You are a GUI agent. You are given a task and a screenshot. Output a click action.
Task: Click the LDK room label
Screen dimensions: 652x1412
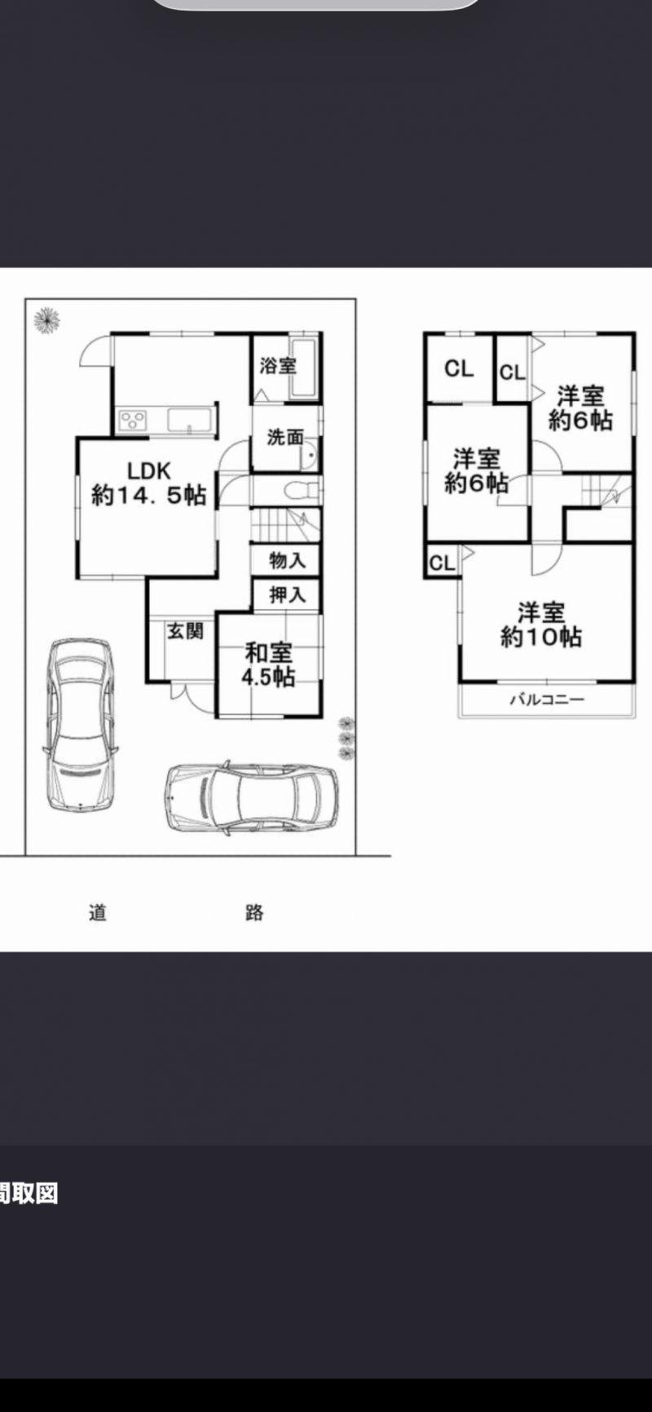[148, 483]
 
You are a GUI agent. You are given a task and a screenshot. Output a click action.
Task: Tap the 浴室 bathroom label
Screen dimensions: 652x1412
[278, 366]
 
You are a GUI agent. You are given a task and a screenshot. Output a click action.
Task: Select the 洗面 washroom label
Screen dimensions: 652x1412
[285, 438]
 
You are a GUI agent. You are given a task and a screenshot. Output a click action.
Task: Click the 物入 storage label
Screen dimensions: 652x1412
[287, 560]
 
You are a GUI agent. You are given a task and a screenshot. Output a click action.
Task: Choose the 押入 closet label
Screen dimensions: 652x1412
[287, 595]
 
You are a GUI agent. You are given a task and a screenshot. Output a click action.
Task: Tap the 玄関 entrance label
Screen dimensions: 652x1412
[185, 631]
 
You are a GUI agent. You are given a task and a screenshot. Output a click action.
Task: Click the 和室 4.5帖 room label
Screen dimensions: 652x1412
[268, 664]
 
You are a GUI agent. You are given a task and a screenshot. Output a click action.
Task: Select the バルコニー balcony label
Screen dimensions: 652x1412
[548, 699]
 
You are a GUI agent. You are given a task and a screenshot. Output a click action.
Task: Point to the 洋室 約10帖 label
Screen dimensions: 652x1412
[541, 624]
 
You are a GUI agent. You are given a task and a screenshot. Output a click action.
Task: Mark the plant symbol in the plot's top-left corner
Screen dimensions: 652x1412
[46, 320]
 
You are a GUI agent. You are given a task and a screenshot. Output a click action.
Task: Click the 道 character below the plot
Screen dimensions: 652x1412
[98, 911]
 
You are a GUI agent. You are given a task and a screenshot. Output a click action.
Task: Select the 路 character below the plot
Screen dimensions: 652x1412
[254, 911]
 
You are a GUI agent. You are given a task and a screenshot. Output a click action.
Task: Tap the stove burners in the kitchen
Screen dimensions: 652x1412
[133, 420]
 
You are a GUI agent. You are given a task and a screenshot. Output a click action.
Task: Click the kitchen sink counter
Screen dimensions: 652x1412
[190, 420]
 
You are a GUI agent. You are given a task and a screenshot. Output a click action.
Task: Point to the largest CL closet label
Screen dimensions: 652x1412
[459, 368]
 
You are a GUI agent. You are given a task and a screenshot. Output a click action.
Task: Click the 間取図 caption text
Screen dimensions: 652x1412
[29, 1194]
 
